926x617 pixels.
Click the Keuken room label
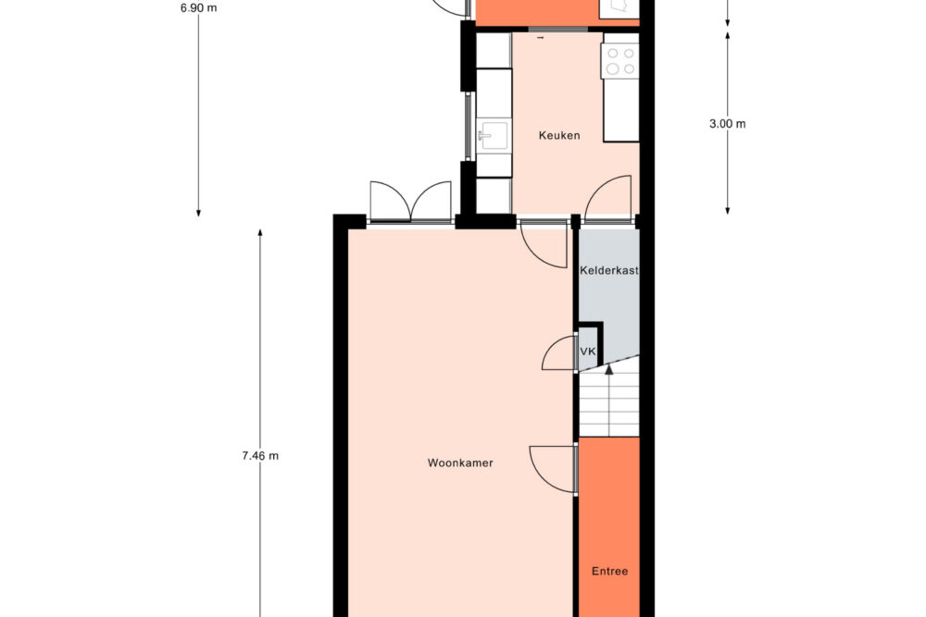click(559, 135)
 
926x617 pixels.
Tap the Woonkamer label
click(460, 463)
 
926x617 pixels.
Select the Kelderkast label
click(609, 271)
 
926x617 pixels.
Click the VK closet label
click(588, 352)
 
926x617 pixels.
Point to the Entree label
click(609, 571)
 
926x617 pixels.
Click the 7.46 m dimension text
click(260, 455)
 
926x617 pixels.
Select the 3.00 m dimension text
click(728, 124)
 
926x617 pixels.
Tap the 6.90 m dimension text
click(199, 8)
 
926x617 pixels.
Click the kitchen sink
click(494, 136)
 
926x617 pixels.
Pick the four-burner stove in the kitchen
click(620, 61)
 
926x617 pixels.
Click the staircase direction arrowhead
click(609, 370)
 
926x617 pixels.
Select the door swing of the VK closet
click(558, 353)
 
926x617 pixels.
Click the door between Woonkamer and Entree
click(553, 469)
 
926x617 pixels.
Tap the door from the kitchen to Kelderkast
click(608, 198)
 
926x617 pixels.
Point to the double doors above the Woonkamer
click(410, 201)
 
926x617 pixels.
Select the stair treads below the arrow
click(609, 405)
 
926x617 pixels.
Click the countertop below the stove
click(621, 110)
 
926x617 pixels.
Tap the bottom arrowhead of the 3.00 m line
click(728, 210)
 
